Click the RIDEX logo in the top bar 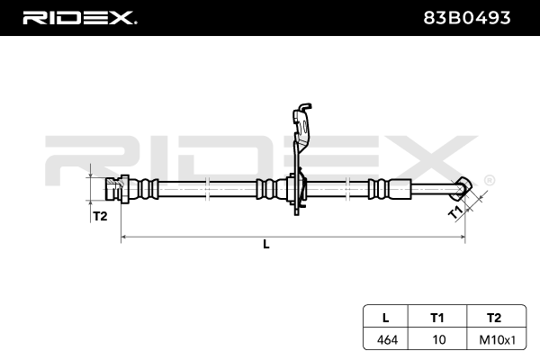(79, 17)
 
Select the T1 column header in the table (437, 317)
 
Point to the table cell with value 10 (437, 339)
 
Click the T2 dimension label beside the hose (100, 216)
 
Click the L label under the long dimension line (266, 244)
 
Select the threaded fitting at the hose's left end (112, 191)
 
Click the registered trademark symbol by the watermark (489, 180)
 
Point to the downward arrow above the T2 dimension (91, 172)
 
